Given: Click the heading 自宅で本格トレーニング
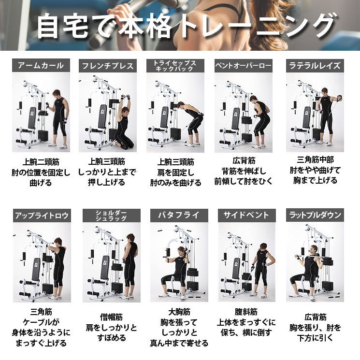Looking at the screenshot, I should click(x=186, y=26).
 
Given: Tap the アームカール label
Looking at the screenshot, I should click(x=41, y=66).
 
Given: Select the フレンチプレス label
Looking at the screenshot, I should click(x=108, y=66).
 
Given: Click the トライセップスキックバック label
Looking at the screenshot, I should click(x=175, y=66).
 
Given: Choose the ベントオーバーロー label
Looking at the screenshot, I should click(x=243, y=66).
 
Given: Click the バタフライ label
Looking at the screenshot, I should click(x=175, y=215).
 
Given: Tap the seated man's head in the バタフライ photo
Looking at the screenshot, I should click(x=182, y=251).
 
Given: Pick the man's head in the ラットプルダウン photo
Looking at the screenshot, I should click(x=312, y=250).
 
